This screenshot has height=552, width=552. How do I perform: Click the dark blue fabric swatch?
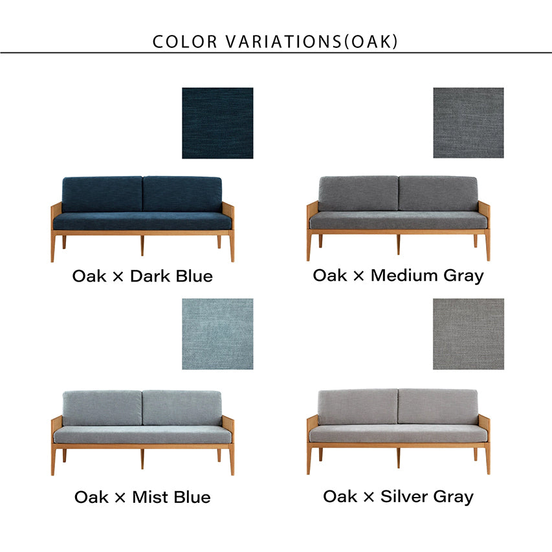click(x=217, y=123)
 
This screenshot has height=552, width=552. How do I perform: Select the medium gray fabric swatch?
click(x=469, y=123)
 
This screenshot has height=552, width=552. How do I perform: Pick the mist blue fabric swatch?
click(x=217, y=334)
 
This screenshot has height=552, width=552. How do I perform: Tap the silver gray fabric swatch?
click(x=469, y=334)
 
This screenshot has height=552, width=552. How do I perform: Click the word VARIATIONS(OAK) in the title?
click(x=311, y=41)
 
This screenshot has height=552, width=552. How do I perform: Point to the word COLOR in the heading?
click(x=185, y=41)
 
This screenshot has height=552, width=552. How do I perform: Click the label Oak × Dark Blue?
click(x=142, y=276)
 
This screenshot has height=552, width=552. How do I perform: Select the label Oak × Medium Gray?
click(x=398, y=276)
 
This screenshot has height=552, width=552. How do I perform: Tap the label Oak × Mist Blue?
click(x=142, y=497)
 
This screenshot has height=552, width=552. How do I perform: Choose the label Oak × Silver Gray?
click(x=398, y=497)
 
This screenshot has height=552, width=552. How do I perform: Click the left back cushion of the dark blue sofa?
click(x=102, y=194)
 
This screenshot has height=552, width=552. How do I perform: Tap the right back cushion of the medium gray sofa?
click(x=438, y=193)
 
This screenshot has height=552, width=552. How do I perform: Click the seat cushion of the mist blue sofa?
click(x=142, y=435)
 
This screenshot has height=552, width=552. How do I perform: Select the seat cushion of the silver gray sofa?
click(x=398, y=434)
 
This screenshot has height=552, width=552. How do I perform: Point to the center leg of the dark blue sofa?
click(x=142, y=245)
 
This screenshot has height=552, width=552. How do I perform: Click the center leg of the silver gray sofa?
click(x=398, y=458)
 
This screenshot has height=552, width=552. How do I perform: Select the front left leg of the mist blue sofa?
click(x=53, y=459)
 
